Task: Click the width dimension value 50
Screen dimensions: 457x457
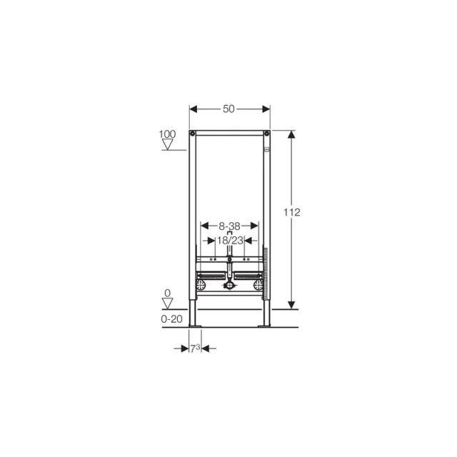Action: pyautogui.click(x=228, y=109)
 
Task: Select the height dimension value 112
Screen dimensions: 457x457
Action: pyautogui.click(x=291, y=212)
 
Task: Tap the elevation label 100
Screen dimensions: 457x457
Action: pyautogui.click(x=168, y=134)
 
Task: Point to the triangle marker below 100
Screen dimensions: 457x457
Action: pyautogui.click(x=169, y=145)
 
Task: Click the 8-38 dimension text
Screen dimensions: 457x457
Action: pyautogui.click(x=229, y=225)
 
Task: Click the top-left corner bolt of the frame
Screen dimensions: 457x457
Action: pyautogui.click(x=193, y=134)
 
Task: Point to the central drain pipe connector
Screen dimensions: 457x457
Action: pyautogui.click(x=229, y=286)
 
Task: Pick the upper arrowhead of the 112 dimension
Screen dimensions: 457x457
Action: pyautogui.click(x=291, y=136)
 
